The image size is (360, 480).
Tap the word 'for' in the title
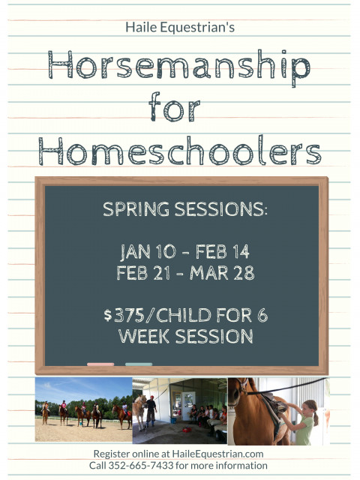pyautogui.click(x=175, y=106)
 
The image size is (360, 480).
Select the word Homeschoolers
pyautogui.click(x=180, y=151)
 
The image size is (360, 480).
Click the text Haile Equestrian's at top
pyautogui.click(x=180, y=27)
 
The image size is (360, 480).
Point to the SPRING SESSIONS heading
pyautogui.click(x=185, y=209)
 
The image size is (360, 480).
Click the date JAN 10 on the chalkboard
pyautogui.click(x=148, y=252)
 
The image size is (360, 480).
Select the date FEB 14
pyautogui.click(x=223, y=252)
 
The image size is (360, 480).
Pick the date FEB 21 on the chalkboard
pyautogui.click(x=143, y=273)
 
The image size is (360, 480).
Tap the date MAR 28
pyautogui.click(x=222, y=273)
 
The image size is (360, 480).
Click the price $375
pyautogui.click(x=124, y=315)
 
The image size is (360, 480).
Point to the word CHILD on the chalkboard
pyautogui.click(x=184, y=315)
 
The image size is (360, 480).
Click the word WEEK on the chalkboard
pyautogui.click(x=144, y=336)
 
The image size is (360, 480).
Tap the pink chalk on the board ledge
pyautogui.click(x=100, y=364)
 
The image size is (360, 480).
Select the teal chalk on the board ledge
pyautogui.click(x=139, y=364)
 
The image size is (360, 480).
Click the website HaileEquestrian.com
pyautogui.click(x=217, y=454)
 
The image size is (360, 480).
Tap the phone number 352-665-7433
pyautogui.click(x=141, y=466)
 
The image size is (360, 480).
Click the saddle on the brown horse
pyautogui.click(x=274, y=404)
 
